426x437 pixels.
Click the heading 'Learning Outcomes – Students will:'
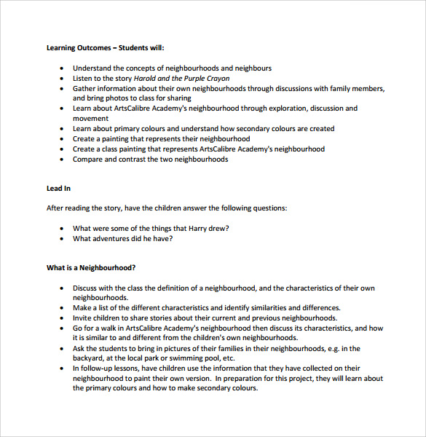click(106, 48)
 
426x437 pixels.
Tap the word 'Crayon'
click(216, 79)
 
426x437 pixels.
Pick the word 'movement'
click(90, 119)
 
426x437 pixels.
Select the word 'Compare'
click(87, 159)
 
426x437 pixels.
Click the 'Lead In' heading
click(58, 189)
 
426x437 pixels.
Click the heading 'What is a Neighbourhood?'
click(91, 268)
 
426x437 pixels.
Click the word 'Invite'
click(82, 318)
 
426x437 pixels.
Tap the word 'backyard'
click(89, 358)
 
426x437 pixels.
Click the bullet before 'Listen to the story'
click(63, 79)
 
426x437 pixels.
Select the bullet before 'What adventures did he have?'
click(63, 238)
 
